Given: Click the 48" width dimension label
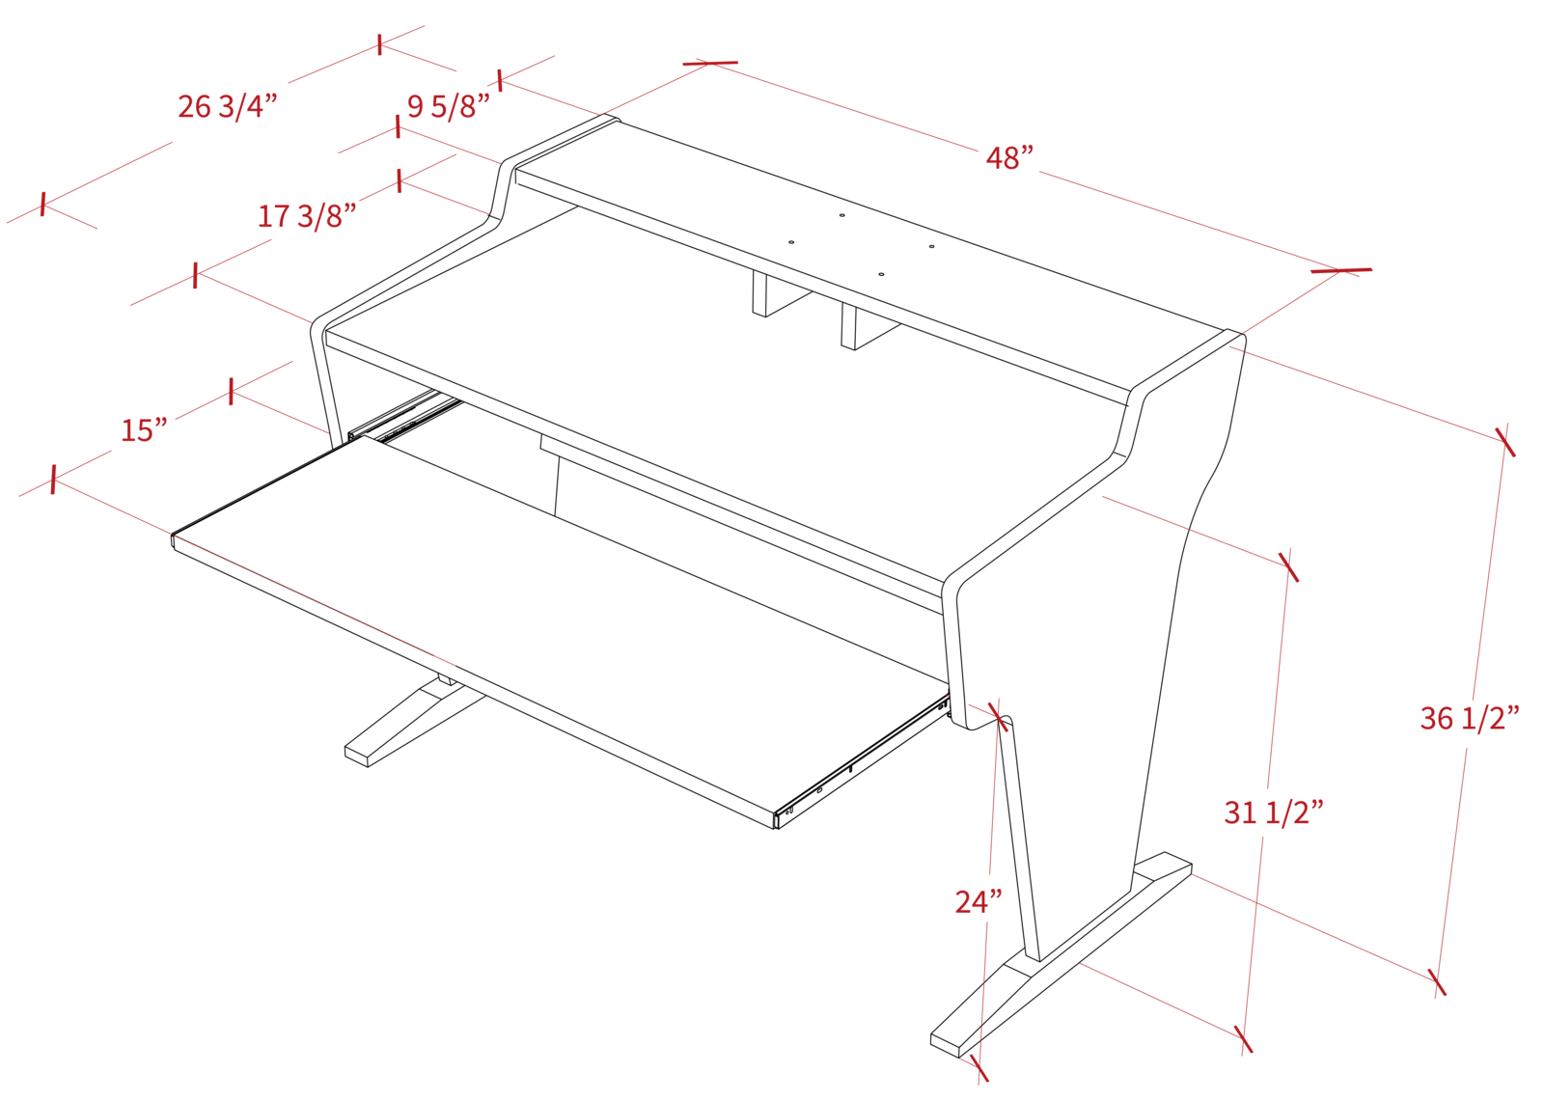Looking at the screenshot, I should [x=1009, y=157].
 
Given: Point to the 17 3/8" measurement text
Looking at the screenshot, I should [x=301, y=216].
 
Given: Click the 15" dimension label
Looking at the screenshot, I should [x=144, y=429].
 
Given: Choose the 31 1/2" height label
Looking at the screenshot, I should [x=1273, y=812].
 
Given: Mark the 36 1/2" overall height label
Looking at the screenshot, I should [x=1470, y=718].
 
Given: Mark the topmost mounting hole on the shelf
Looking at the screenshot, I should [x=841, y=215].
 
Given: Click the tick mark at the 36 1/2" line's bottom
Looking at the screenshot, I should [x=1438, y=984].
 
